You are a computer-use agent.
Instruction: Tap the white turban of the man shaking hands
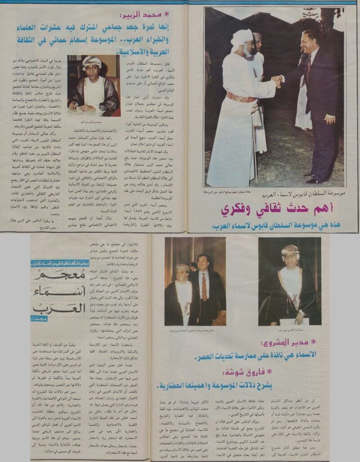[242, 39]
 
